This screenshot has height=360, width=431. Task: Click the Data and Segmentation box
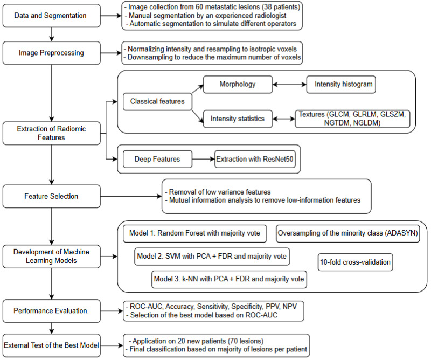52,16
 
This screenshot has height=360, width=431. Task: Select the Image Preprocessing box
52,53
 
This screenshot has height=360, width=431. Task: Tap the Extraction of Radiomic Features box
52,133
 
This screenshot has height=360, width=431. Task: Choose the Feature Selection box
52,196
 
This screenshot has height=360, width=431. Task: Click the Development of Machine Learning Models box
52,257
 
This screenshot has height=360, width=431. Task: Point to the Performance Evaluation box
52,311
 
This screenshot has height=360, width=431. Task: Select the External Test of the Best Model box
52,345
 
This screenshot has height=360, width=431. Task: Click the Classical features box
157,102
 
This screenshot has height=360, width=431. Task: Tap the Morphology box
238,85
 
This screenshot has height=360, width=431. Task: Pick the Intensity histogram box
341,85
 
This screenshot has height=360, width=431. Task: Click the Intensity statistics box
238,119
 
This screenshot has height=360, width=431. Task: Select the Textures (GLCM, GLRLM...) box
352,119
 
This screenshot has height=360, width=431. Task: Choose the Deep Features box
157,159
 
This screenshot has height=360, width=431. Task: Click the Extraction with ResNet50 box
255,159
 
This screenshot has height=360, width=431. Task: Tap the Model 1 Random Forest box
195,233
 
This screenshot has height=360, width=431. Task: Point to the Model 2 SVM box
212,257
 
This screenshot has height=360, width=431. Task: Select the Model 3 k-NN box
230,279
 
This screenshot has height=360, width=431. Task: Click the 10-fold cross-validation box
356,262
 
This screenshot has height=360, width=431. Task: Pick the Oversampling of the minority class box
348,233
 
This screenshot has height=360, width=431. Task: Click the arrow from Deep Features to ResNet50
204,159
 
